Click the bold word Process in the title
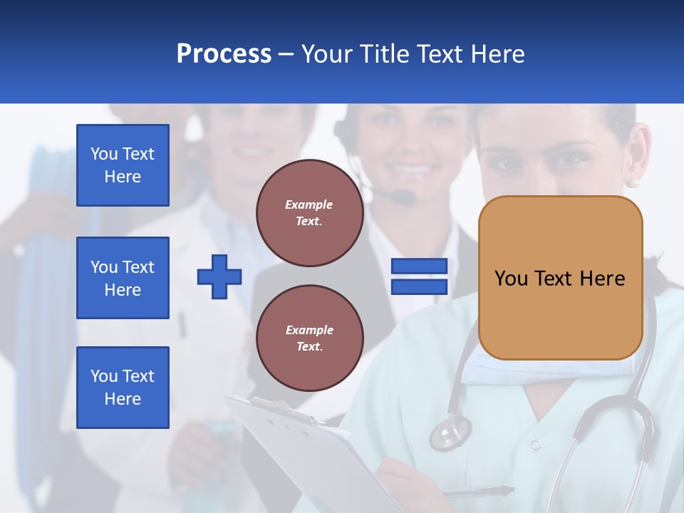point(224,54)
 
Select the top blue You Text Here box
point(123,165)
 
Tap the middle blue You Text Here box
point(123,278)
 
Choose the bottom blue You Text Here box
point(123,388)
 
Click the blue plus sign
point(219,276)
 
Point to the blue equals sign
point(419,277)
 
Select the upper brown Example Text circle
point(309,213)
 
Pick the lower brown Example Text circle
point(309,338)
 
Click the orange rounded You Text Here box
point(560,277)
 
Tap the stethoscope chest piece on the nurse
point(450,432)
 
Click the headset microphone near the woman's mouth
point(403,195)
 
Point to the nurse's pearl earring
point(633,182)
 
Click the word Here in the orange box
point(602,279)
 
